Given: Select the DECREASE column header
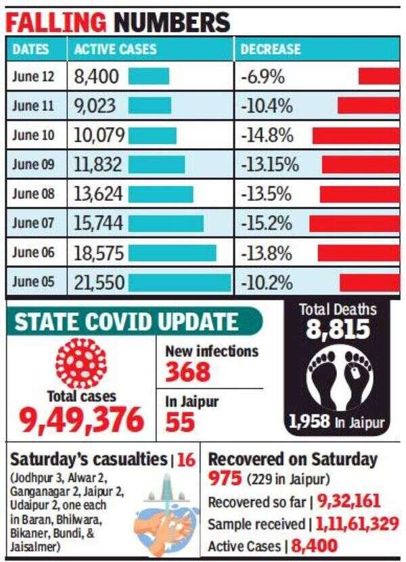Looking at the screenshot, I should point(271,49).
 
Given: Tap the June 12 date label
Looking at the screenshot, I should point(34,76).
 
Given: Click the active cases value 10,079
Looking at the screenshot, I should point(99,135).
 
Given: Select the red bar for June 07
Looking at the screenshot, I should point(354,224).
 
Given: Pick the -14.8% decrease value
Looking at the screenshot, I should point(267,135).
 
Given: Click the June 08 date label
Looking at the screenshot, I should point(34,194).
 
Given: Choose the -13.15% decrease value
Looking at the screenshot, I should point(273,165).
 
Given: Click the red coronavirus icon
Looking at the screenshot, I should point(81,362).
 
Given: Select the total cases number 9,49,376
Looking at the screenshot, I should point(82,419).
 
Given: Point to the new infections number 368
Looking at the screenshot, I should point(188,372).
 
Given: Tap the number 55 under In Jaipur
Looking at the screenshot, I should point(180,422).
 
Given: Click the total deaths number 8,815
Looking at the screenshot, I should point(338,329).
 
